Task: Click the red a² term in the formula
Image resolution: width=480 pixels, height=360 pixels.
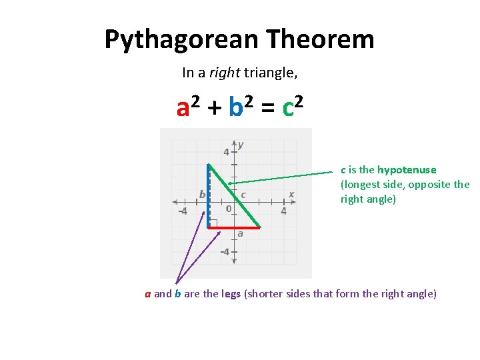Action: [187, 107]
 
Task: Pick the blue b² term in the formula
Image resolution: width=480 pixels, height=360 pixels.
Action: [239, 107]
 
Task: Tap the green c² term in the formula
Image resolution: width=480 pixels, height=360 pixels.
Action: [293, 107]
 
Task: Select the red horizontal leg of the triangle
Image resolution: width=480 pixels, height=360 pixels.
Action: [233, 228]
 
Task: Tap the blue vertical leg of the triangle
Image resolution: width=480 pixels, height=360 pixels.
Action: [208, 197]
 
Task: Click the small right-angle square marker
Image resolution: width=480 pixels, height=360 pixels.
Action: [213, 223]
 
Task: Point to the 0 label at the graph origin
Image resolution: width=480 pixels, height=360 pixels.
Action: [228, 209]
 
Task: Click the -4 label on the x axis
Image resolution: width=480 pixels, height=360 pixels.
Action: [181, 212]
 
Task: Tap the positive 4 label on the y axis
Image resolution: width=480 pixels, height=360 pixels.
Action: [227, 152]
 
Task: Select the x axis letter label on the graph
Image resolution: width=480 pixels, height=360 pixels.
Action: [291, 194]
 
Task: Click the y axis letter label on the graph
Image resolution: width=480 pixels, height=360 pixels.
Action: [241, 144]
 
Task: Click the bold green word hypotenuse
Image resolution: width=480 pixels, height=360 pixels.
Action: [407, 170]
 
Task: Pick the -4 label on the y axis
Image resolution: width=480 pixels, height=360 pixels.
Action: [225, 252]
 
